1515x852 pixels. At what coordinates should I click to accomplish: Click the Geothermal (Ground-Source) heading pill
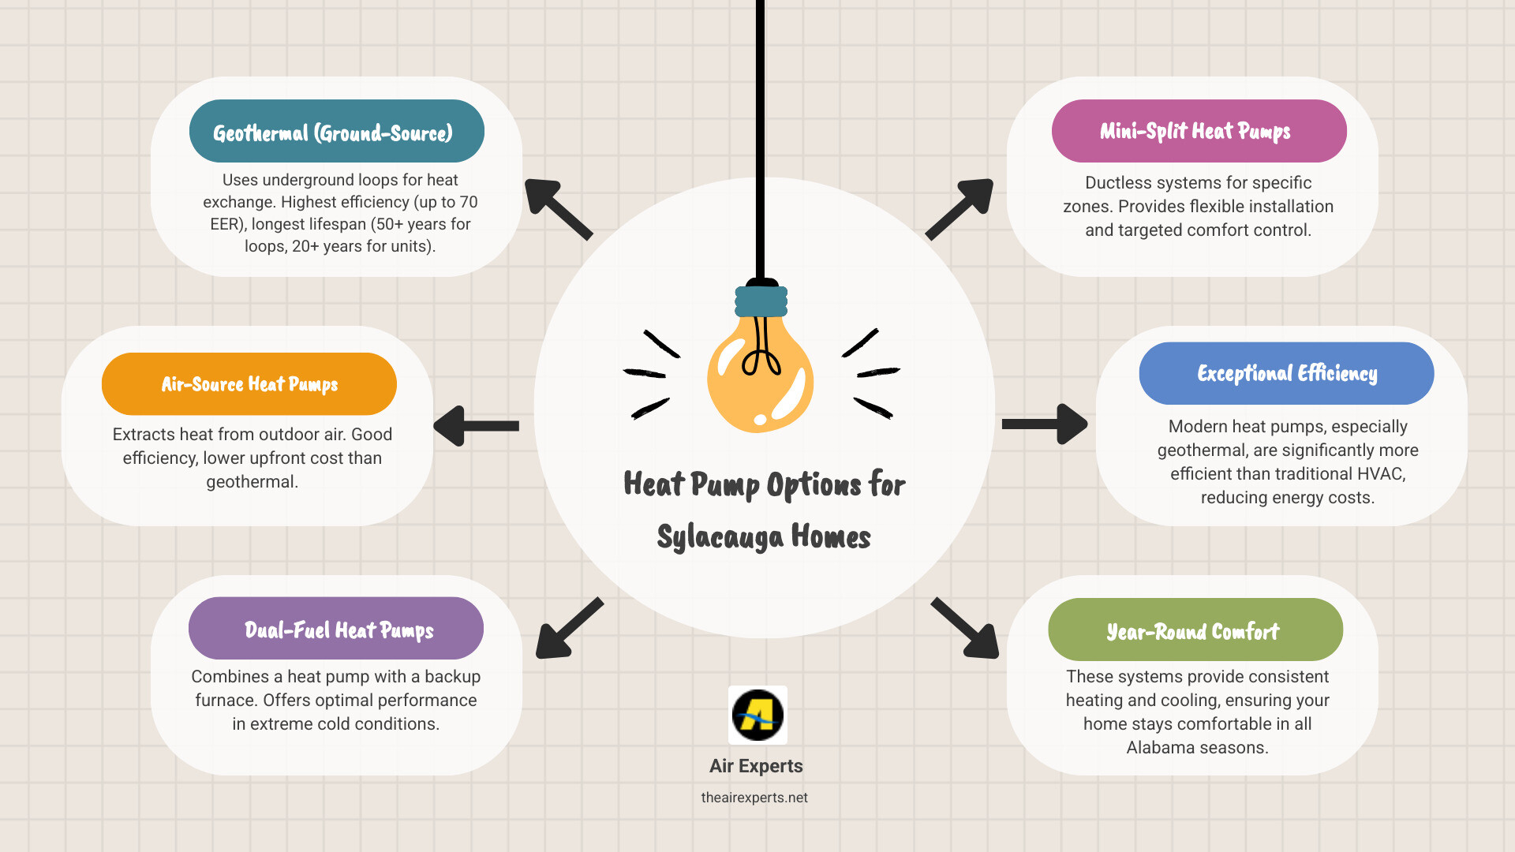point(336,131)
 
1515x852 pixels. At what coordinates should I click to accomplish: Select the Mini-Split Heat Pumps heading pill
point(1199,131)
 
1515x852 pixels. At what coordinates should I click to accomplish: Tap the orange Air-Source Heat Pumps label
point(249,384)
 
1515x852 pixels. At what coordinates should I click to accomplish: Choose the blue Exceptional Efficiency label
point(1286,373)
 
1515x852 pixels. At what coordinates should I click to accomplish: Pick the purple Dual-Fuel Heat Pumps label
point(336,629)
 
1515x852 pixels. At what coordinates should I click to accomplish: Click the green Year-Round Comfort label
point(1195,630)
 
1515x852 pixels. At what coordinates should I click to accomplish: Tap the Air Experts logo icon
point(757,715)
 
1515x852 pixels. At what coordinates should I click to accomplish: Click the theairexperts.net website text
point(754,798)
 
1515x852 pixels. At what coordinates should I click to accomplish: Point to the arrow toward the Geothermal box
point(557,208)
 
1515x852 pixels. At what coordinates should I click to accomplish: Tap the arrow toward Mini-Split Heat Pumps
point(960,208)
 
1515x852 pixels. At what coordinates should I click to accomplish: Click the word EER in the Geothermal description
point(224,224)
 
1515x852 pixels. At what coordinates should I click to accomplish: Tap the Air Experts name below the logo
point(756,766)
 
